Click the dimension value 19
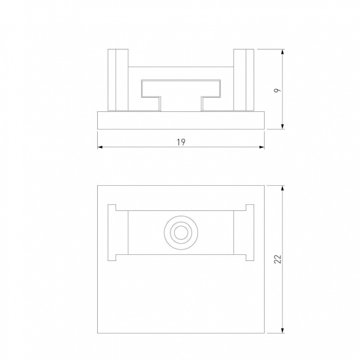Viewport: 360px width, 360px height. pos(180,142)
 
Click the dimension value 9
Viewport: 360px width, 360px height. pos(276,90)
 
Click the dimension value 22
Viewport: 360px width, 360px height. pos(277,259)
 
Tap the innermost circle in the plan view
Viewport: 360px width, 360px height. pos(180,233)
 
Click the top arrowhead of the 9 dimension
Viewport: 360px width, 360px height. pos(282,53)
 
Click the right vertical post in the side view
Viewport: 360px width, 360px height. pos(244,79)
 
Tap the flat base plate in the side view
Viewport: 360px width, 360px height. pos(181,120)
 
